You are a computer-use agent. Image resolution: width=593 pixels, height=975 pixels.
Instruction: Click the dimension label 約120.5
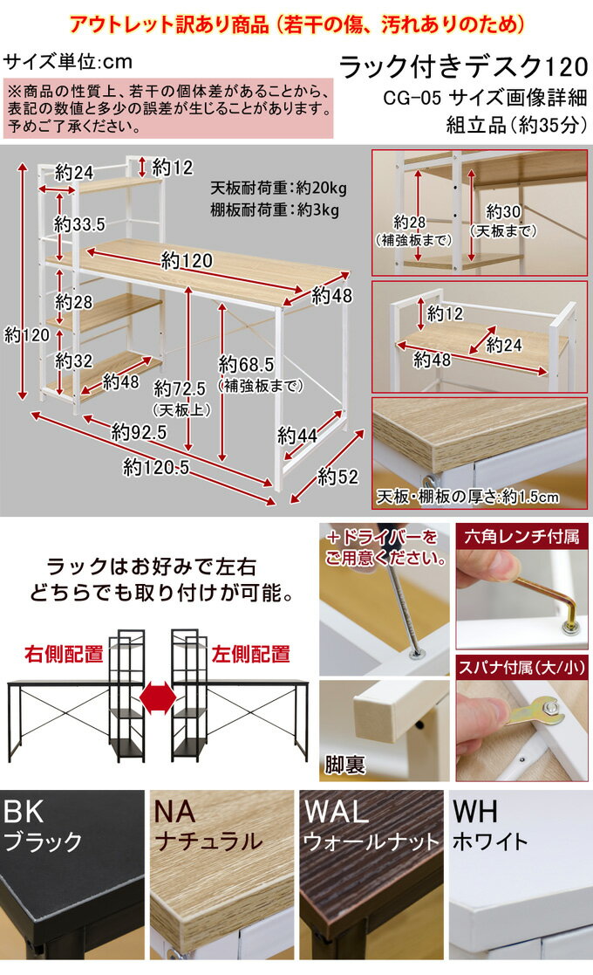tap(156, 466)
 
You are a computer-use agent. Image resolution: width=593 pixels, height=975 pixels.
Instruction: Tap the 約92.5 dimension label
tap(139, 431)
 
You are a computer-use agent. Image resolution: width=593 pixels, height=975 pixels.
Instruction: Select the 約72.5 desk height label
tap(180, 388)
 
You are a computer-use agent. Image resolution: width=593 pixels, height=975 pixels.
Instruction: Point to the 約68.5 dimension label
tap(246, 364)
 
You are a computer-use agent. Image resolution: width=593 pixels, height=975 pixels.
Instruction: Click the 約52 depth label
tap(337, 477)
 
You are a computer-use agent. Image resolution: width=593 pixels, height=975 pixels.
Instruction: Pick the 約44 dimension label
tap(297, 436)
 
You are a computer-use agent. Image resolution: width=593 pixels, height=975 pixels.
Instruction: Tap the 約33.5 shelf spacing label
tap(79, 223)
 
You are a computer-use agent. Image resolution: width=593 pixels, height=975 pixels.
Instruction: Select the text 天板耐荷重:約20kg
tap(278, 188)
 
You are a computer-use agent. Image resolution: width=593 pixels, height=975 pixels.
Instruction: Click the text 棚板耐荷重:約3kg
tap(275, 209)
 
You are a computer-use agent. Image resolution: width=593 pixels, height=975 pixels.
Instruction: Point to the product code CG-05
tap(412, 98)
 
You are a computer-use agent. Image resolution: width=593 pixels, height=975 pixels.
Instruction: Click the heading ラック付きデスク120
tap(463, 66)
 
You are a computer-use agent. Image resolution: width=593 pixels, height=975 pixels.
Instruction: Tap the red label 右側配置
tap(64, 654)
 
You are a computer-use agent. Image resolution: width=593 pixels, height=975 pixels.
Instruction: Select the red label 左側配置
tap(251, 654)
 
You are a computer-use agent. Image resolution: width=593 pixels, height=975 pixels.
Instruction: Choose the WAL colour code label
tap(336, 812)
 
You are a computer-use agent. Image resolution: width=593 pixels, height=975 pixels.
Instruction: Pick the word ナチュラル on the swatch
tap(208, 841)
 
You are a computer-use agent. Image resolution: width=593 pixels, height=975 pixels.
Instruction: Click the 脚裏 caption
tap(344, 765)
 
